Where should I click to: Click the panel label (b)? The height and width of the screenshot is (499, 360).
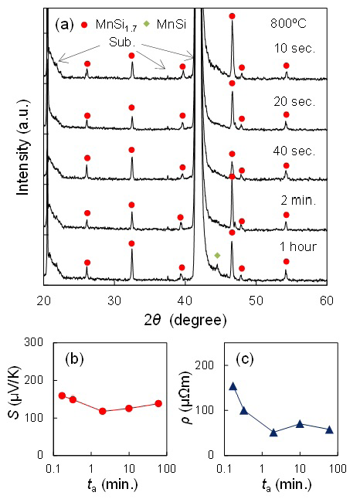(73, 358)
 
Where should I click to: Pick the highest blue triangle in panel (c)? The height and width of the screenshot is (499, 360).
(233, 385)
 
